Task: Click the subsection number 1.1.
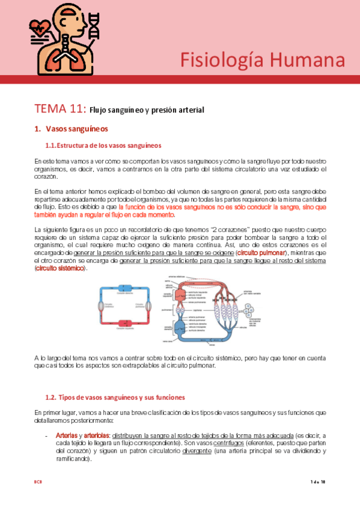(x=50, y=146)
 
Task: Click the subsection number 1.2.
(x=50, y=398)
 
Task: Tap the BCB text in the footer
(x=38, y=482)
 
